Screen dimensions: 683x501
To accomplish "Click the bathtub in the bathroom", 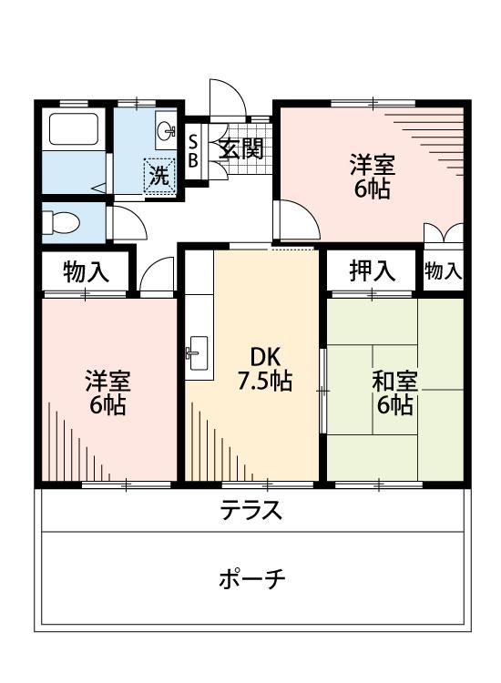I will [x=73, y=129].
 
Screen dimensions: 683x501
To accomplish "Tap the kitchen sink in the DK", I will [x=197, y=351].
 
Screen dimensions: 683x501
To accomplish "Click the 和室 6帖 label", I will [x=394, y=392].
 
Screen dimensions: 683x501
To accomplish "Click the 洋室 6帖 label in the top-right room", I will [x=373, y=178].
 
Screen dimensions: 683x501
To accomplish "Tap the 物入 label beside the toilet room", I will [x=87, y=270].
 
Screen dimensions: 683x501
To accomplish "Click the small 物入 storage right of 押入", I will [x=444, y=270].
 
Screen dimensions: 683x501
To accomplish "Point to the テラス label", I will [x=251, y=511].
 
